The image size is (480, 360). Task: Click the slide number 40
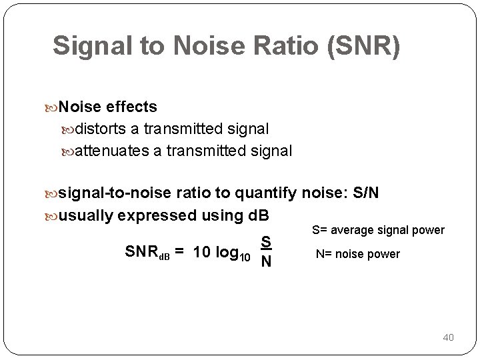[448, 337]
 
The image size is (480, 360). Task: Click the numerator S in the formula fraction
[265, 241]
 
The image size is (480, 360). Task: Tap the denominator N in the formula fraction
[265, 261]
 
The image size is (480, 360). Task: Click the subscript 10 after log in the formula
[245, 257]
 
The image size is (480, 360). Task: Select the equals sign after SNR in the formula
[180, 252]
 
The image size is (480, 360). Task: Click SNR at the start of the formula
[141, 252]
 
